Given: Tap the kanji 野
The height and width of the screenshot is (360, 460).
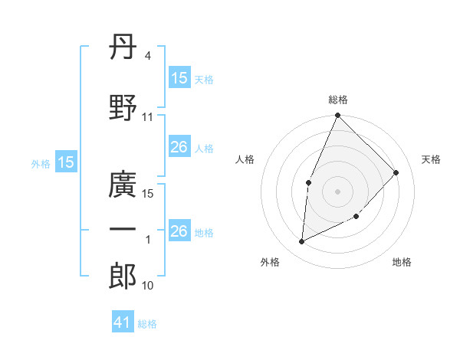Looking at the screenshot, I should coord(123,107).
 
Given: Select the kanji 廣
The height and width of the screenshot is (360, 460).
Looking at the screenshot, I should coord(123,185).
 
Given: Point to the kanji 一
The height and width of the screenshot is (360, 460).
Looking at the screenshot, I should coord(123,229).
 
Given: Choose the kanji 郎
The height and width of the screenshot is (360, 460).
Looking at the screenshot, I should coord(123,277).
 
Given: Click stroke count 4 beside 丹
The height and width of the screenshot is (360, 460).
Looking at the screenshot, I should coord(147,56).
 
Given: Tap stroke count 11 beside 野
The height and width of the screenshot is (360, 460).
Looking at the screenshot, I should coord(148,117).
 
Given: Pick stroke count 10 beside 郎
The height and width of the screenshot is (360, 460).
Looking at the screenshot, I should coord(148,286).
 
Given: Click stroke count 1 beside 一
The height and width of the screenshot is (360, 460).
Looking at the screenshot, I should coord(148,240).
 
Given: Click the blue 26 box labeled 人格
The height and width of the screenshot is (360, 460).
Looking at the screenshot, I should coord(179,147).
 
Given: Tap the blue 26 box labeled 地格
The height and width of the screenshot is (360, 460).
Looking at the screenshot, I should coord(179,231).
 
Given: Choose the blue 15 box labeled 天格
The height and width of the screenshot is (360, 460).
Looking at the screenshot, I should coord(179,78).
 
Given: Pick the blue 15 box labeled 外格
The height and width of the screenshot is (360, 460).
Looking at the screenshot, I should coord(65,162).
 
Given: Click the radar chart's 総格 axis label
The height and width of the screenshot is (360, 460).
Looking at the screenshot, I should coord(338,100).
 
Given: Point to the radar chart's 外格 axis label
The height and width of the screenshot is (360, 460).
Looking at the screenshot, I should coord(270,262).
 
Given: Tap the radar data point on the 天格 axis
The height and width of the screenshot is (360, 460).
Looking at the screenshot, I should coord(396,172).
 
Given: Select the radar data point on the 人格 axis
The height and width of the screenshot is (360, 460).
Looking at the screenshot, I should coord(309,182).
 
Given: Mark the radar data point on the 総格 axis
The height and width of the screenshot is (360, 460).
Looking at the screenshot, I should coord(337,116).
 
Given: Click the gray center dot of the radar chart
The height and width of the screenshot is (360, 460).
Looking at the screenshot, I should coord(337,191).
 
